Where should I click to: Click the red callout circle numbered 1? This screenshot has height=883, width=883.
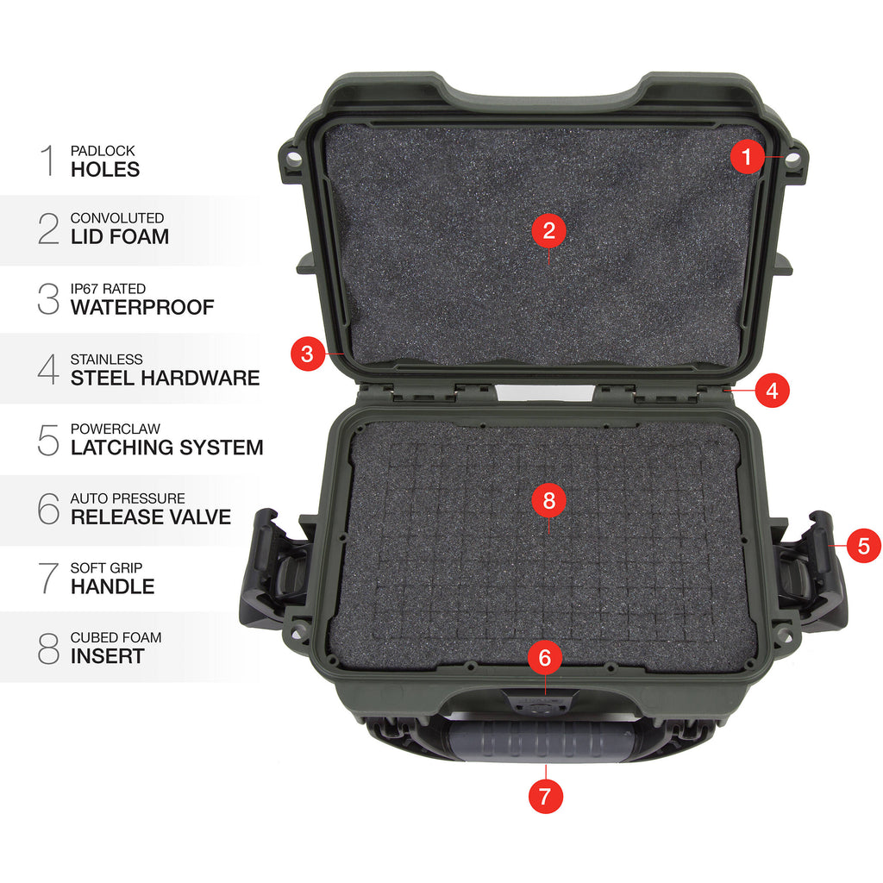click(x=748, y=157)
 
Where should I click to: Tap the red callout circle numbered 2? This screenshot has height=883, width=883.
click(x=549, y=230)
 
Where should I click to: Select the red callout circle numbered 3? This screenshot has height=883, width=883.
click(x=308, y=354)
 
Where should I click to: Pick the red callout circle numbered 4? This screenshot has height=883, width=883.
click(x=772, y=391)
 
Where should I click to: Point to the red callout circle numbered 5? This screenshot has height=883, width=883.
click(x=864, y=545)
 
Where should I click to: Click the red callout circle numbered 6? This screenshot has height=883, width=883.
click(x=545, y=657)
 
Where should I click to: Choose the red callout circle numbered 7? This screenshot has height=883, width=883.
click(x=545, y=796)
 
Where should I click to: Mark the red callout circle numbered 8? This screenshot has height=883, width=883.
click(x=549, y=500)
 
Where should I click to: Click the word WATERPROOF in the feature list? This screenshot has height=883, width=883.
click(x=142, y=308)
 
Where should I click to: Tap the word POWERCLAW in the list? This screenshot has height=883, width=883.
click(x=116, y=429)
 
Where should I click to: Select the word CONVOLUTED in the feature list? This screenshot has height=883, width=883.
click(x=117, y=218)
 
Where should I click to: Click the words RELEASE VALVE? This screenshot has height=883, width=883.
click(x=151, y=517)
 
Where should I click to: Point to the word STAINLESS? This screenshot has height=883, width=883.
click(x=106, y=360)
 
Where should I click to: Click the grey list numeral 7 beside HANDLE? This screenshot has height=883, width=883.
click(x=49, y=578)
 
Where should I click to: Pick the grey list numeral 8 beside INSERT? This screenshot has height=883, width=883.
click(x=48, y=648)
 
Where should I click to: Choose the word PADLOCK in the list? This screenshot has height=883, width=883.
click(x=103, y=151)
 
